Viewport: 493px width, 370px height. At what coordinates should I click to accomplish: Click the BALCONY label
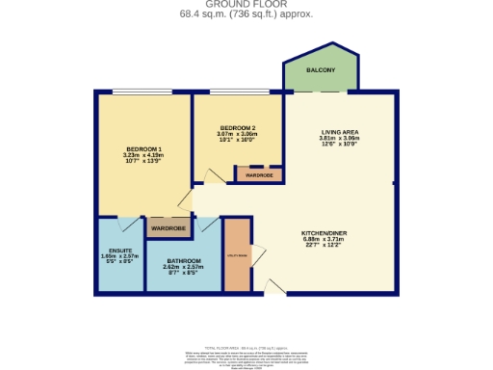pyautogui.click(x=321, y=70)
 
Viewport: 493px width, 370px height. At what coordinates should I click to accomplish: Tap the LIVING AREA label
pyautogui.click(x=340, y=133)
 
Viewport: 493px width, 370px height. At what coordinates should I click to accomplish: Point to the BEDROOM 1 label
pyautogui.click(x=143, y=148)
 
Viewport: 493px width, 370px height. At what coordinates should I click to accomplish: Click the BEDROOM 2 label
pyautogui.click(x=236, y=128)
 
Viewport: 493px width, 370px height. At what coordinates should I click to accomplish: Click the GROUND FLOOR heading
pyautogui.click(x=246, y=5)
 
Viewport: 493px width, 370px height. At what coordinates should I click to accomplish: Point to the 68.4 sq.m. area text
pyautogui.click(x=246, y=14)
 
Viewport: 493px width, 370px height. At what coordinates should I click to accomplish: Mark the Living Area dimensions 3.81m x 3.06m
pyautogui.click(x=340, y=142)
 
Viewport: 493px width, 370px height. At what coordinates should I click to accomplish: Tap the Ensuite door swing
pyautogui.click(x=126, y=225)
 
